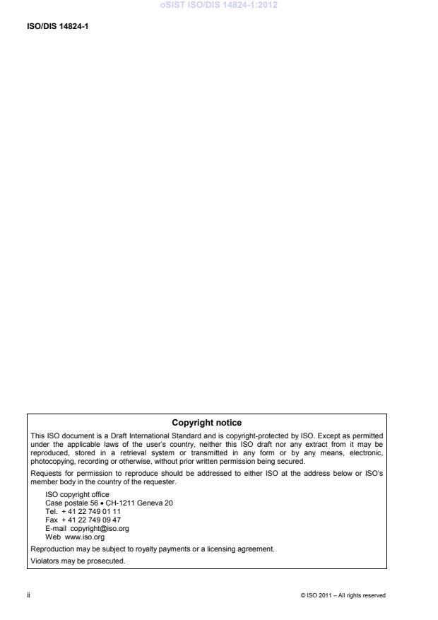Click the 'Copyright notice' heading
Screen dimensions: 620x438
[207, 423]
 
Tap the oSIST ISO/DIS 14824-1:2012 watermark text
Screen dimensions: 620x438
[218, 6]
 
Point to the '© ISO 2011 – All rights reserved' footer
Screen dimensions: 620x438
[343, 595]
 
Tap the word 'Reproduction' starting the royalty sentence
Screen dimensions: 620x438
[50, 547]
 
